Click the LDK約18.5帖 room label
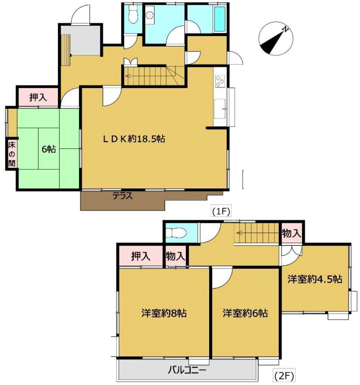point(134,139)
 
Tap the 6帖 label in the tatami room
point(49,149)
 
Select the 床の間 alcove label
point(12,154)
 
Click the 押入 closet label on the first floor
point(38,97)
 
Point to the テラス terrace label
point(123,196)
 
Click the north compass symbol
point(276,38)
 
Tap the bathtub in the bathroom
point(220,19)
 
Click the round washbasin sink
point(149,15)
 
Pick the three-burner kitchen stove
point(220,81)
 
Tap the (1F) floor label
point(221,211)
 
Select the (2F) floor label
point(284,376)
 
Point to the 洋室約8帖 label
point(164,313)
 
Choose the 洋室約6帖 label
point(245,313)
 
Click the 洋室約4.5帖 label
point(315,279)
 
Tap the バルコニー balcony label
point(187,370)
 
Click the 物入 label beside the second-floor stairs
point(291,233)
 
